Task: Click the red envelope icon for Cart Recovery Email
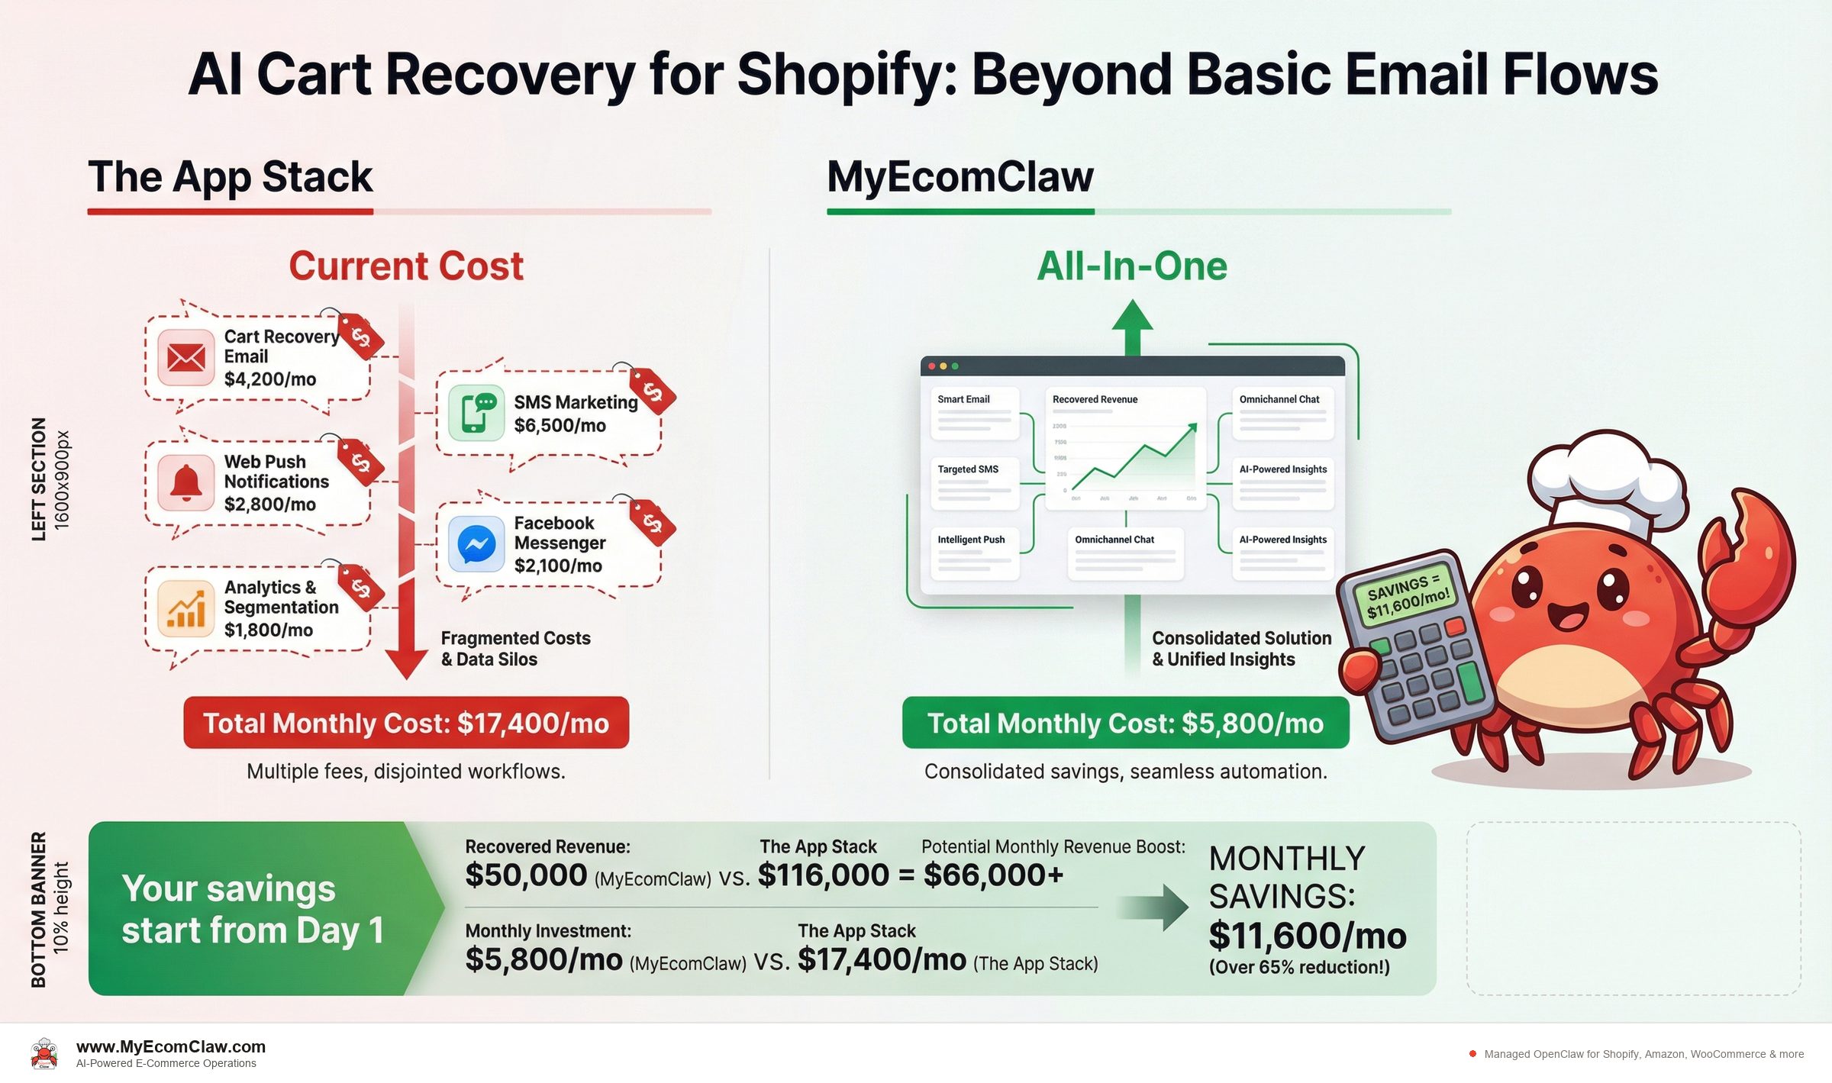click(x=185, y=357)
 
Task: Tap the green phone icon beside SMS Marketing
click(x=476, y=413)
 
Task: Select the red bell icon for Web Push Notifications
click(x=185, y=482)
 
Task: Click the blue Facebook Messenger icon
click(x=476, y=544)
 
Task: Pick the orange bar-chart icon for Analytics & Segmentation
click(x=185, y=609)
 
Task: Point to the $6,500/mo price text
click(x=560, y=426)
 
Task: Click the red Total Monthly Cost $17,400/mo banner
click(x=406, y=723)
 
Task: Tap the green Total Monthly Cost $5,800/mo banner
click(x=1125, y=723)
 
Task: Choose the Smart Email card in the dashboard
click(x=975, y=413)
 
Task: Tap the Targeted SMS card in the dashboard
click(x=975, y=483)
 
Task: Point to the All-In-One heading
click(x=1132, y=266)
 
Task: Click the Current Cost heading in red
click(x=406, y=266)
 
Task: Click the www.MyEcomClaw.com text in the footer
click(x=171, y=1046)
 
